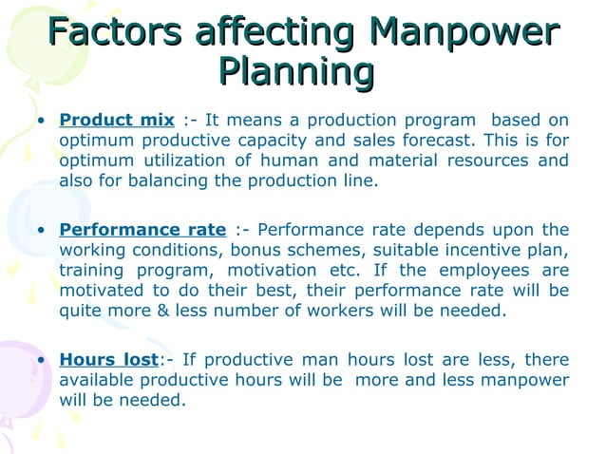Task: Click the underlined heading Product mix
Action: click(x=117, y=120)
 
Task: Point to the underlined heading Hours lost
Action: click(x=107, y=360)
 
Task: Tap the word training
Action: click(x=91, y=270)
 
